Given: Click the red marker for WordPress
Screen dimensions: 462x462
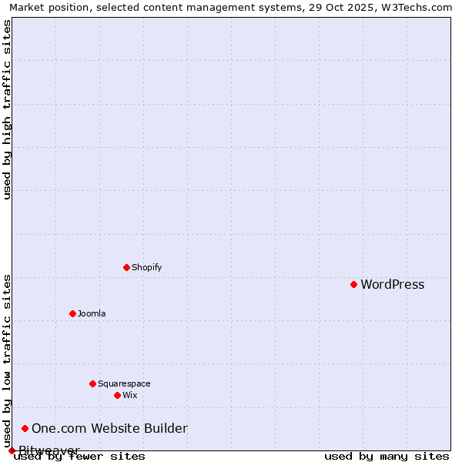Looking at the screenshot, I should (x=353, y=284).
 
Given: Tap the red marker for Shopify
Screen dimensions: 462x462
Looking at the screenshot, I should (x=126, y=267).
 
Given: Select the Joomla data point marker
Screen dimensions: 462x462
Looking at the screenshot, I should (x=72, y=313).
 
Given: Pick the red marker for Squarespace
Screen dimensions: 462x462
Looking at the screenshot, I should (x=92, y=383).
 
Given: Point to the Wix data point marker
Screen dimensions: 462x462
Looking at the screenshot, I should (x=117, y=395).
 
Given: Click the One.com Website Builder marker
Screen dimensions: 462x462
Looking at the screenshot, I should (x=25, y=428).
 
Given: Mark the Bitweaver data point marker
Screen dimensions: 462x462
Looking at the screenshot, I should (x=12, y=450).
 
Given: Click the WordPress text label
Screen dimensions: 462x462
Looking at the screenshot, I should (x=392, y=285).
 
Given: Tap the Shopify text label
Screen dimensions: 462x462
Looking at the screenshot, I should (x=146, y=268).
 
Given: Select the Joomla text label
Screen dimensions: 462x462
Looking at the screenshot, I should (x=92, y=314).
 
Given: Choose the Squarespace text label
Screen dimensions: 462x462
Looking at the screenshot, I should (x=124, y=384).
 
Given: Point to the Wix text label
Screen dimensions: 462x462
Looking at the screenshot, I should (x=129, y=396).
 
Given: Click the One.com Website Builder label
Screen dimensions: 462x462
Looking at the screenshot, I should (x=109, y=429).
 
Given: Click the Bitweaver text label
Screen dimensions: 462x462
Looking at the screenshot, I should (x=49, y=450).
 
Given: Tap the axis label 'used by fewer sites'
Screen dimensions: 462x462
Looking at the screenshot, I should (x=79, y=457).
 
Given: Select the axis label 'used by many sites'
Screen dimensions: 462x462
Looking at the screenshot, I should (x=387, y=457).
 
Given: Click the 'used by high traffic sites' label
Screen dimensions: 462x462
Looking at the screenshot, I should (x=7, y=109).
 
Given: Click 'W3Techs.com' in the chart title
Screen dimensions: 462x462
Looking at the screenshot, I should (x=420, y=7).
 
